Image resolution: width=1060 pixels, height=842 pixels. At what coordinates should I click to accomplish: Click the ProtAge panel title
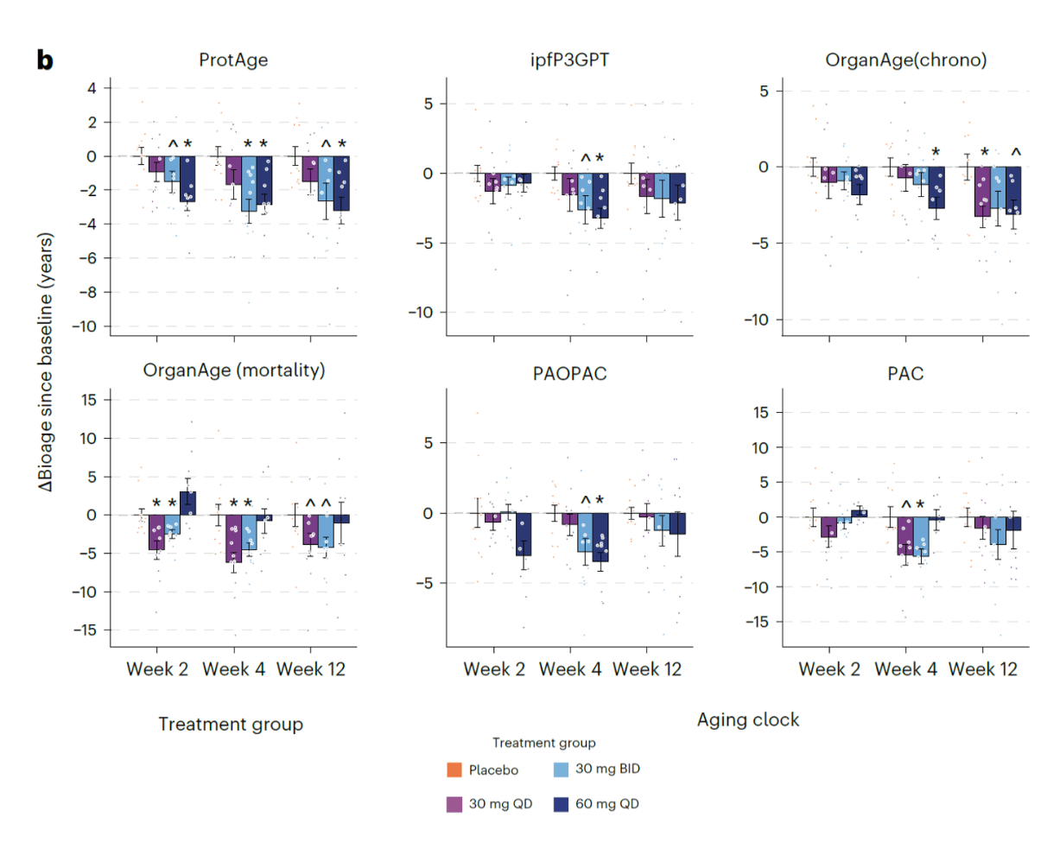[x=233, y=60]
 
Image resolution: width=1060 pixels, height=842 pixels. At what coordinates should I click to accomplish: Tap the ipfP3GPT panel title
[x=569, y=60]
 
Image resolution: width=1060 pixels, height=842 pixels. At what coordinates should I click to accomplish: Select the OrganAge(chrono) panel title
[x=906, y=60]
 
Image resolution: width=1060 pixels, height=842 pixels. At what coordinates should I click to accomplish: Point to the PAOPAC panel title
[x=569, y=374]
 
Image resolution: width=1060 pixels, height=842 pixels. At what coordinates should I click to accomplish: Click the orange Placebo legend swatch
[x=454, y=769]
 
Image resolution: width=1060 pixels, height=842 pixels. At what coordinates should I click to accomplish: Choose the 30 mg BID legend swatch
[x=561, y=769]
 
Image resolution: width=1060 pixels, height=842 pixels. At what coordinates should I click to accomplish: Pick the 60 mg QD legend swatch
[x=561, y=804]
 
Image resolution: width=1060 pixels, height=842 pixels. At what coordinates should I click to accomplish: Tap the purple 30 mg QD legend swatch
[x=454, y=804]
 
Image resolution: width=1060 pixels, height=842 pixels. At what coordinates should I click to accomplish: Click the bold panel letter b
[x=45, y=60]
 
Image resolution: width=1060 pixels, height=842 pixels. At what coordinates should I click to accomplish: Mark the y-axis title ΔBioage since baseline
[x=45, y=362]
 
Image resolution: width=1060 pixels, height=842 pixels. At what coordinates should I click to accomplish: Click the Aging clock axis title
[x=748, y=720]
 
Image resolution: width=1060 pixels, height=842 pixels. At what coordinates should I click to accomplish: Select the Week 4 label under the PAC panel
[x=905, y=669]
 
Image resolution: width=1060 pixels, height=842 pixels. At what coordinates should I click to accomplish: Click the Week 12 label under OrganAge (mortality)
[x=311, y=669]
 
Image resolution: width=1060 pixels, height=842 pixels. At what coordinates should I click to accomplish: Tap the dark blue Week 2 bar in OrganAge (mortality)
[x=187, y=503]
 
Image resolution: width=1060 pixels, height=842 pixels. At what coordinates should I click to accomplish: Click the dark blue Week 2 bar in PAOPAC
[x=524, y=535]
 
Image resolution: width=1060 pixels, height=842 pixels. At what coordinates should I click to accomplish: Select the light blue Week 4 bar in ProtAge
[x=249, y=184]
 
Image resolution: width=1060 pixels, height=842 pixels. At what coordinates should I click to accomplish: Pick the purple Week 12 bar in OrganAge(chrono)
[x=982, y=192]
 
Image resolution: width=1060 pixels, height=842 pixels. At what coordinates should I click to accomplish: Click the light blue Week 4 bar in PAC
[x=921, y=536]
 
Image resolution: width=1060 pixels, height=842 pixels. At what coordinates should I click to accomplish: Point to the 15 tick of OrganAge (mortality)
[x=89, y=400]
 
